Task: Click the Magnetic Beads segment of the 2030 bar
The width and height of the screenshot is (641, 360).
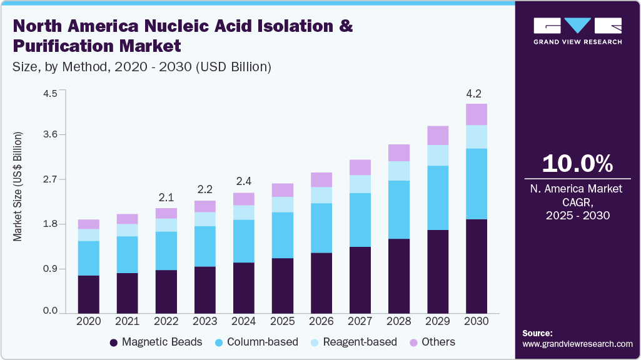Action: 477,266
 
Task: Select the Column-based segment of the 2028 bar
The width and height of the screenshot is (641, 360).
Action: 399,209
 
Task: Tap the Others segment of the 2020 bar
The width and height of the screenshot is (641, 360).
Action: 89,224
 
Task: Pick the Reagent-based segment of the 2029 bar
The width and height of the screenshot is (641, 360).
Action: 438,155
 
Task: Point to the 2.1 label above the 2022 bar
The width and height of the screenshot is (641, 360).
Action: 166,197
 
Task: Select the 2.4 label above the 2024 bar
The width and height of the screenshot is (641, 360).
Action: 244,182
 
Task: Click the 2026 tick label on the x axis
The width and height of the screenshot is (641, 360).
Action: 321,321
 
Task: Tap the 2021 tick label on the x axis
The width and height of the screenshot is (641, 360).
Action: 128,321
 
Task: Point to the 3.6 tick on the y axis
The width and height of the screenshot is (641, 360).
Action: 49,134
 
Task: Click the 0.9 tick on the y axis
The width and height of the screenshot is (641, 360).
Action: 49,269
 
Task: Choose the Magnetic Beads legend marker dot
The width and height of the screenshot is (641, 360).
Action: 114,342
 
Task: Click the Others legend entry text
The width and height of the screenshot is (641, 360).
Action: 438,342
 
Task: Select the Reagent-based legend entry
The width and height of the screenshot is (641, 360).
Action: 359,342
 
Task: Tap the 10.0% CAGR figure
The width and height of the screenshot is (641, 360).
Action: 577,164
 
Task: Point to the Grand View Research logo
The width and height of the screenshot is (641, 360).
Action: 577,31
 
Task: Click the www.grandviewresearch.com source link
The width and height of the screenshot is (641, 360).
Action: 577,344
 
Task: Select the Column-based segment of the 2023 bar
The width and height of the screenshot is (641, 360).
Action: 205,246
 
